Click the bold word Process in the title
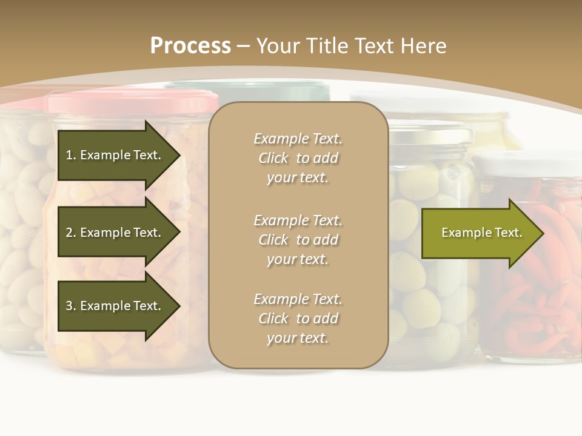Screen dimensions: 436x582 click(x=190, y=45)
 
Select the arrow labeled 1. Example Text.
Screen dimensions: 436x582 click(x=115, y=155)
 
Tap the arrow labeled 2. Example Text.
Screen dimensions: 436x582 click(x=115, y=233)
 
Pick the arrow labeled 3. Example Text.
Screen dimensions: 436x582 click(x=115, y=306)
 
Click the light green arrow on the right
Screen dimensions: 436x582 click(x=479, y=233)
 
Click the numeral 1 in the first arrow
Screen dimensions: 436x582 click(x=69, y=155)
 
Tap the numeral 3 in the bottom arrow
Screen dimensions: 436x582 click(x=69, y=306)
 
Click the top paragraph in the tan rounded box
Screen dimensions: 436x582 click(x=298, y=158)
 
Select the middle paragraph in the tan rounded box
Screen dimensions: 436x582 click(x=298, y=240)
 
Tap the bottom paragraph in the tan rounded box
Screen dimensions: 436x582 click(x=298, y=319)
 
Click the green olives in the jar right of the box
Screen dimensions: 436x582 click(x=424, y=291)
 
